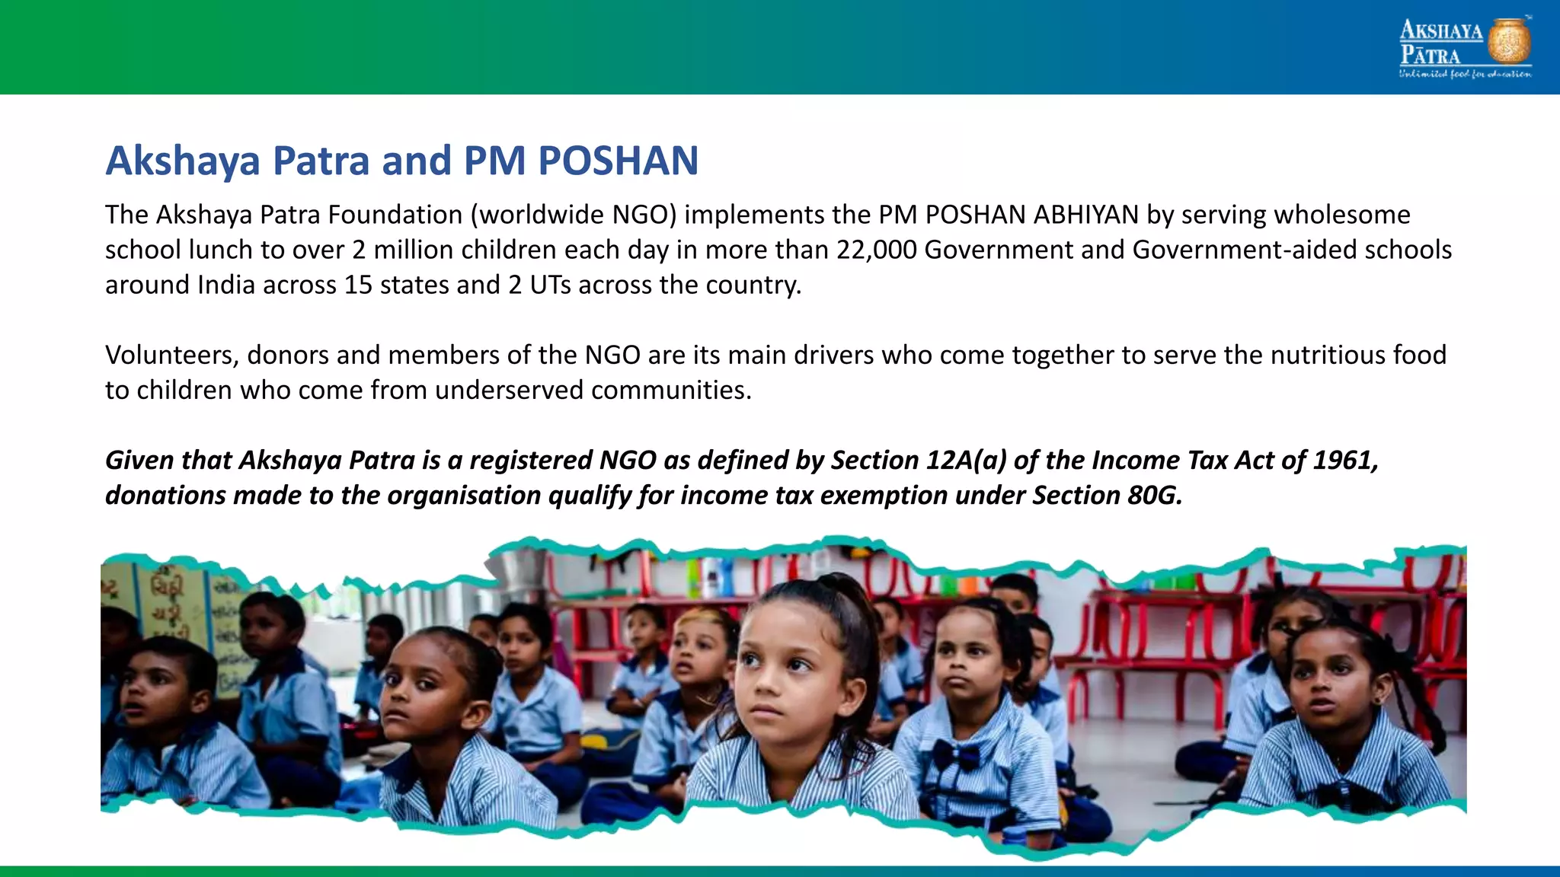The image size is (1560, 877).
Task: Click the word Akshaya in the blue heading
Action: coord(182,161)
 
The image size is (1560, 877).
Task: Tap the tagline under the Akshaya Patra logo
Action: coord(1464,75)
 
